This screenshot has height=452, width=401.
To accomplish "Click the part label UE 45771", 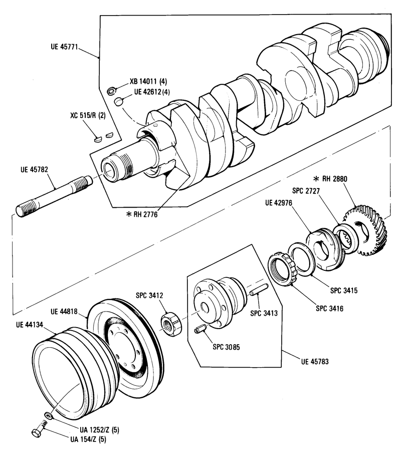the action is coord(64,47).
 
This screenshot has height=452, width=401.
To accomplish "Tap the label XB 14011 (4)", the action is coord(148,81).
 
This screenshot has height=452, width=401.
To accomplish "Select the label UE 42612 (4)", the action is coord(152,92).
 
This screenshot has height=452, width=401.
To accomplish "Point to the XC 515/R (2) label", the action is coord(88,115).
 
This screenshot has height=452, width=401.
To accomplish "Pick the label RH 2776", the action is coord(145,214).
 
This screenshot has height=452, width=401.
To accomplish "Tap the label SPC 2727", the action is coord(306,191).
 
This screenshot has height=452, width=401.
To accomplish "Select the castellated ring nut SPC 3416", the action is coord(282,267).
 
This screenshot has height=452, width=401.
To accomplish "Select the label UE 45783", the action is coord(315,362).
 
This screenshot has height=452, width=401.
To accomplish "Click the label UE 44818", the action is coord(64,312).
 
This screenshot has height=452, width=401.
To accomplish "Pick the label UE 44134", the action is coord(30,325).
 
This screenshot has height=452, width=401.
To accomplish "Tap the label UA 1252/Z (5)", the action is coord(100,430).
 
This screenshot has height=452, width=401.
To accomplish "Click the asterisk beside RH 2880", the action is coord(316,179).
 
